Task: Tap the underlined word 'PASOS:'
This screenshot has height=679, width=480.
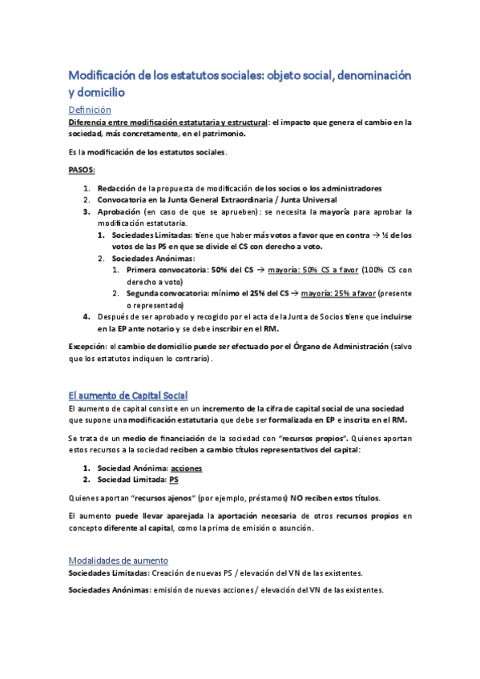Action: (82, 170)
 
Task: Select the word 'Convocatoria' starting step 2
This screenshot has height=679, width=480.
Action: (123, 199)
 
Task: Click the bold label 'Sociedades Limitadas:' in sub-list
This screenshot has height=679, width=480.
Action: (151, 235)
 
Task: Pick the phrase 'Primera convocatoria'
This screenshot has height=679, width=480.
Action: (165, 270)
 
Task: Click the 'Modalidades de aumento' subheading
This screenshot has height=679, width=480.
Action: (119, 560)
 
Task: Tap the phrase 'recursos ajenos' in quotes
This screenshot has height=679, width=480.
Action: (152, 496)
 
